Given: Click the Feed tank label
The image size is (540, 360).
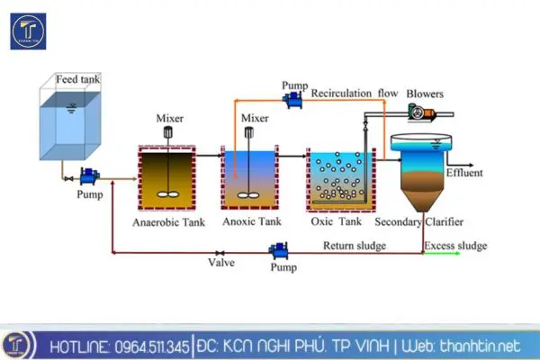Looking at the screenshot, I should (78, 78).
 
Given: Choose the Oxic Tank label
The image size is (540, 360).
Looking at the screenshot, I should (335, 221).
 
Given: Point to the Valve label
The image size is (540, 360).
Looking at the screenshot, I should (221, 264).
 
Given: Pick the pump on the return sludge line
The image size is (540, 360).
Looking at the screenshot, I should (280, 247).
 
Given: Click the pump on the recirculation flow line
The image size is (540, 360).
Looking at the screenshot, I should (293, 102).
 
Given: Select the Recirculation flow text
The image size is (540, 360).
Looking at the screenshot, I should (355, 92).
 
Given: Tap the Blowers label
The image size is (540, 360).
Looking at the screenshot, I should (425, 92).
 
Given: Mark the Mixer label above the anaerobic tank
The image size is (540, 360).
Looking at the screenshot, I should (169, 118).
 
